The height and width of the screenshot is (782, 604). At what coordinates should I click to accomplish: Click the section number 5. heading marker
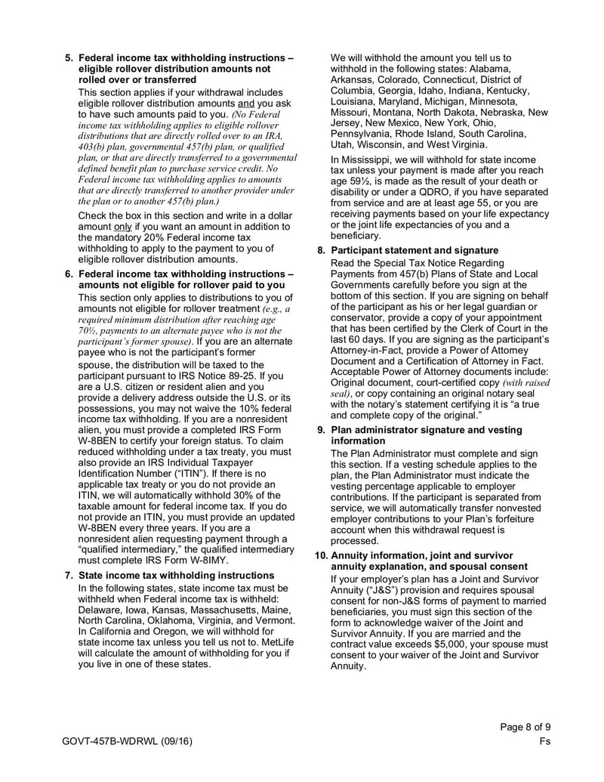click(69, 57)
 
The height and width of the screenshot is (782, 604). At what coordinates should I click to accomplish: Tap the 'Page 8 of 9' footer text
click(525, 727)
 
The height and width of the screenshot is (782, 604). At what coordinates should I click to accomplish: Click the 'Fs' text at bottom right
click(545, 741)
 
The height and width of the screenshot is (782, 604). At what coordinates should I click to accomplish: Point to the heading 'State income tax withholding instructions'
click(176, 575)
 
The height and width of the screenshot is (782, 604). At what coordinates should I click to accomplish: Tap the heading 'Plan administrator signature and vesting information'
click(427, 435)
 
